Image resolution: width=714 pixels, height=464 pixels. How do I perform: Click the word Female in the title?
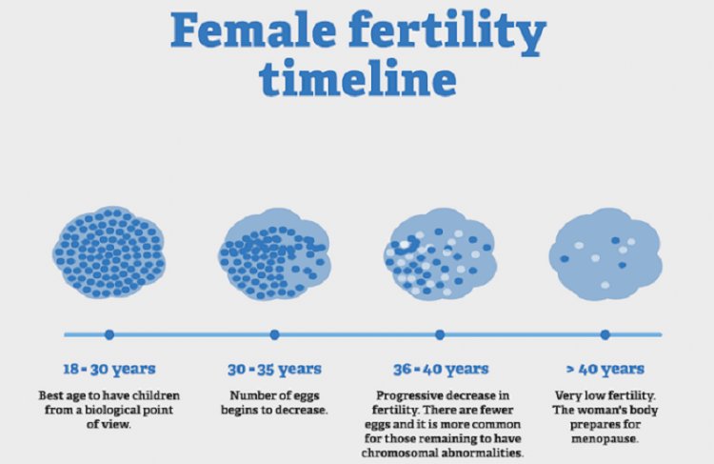click(253, 30)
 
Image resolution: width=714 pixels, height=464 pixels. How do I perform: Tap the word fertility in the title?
click(447, 32)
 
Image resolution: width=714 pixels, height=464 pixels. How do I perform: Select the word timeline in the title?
click(357, 77)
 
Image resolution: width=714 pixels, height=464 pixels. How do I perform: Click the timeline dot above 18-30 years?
click(109, 334)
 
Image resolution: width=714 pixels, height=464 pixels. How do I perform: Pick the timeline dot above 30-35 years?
click(274, 334)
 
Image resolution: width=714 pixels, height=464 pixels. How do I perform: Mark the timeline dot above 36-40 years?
click(440, 334)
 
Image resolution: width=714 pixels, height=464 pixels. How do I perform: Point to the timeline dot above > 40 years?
click(605, 334)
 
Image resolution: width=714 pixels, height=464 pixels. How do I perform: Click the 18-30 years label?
click(109, 369)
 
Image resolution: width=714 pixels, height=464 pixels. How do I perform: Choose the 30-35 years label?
click(274, 369)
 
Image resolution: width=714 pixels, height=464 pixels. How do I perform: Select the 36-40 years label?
click(441, 369)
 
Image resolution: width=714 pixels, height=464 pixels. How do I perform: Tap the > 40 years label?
click(605, 369)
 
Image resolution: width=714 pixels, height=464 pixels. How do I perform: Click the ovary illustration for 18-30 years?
click(109, 252)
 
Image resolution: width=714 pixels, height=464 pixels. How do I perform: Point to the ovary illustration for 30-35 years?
click(274, 253)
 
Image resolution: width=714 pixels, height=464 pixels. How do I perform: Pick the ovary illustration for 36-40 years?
click(440, 253)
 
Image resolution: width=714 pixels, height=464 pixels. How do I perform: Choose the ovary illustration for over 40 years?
click(605, 253)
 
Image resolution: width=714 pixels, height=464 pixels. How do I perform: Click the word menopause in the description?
click(605, 439)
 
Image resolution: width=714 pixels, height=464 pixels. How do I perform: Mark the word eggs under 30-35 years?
click(306, 396)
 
